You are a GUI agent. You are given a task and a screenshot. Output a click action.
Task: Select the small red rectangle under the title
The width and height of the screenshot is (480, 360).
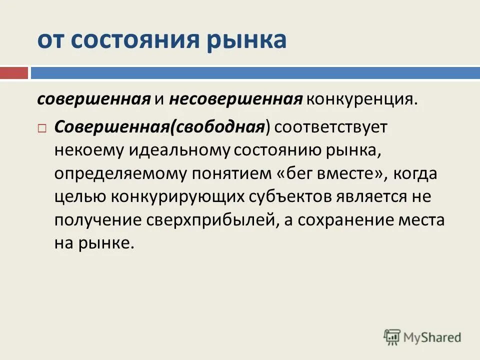coord(13,73)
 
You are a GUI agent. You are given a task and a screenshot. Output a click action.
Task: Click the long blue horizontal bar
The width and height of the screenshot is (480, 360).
coord(255,73)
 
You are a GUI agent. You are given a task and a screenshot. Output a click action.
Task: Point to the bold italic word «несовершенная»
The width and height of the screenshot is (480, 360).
coord(235,98)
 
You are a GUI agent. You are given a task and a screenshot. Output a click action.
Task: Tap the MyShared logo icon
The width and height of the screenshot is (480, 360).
coord(393,337)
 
